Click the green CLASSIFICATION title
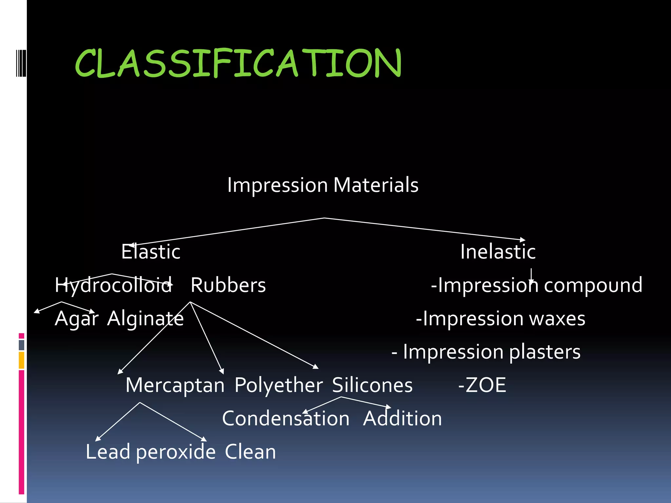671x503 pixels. tap(238, 63)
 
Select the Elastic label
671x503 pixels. tap(151, 252)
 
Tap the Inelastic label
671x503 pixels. tap(498, 252)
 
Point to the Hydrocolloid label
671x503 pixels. tap(113, 285)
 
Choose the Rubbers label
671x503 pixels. tap(228, 285)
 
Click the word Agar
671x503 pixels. tap(76, 319)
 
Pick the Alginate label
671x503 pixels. tap(145, 319)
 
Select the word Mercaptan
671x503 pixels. tap(175, 385)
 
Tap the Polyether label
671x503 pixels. tap(278, 385)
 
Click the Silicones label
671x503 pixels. tap(372, 385)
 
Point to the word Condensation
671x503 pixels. tap(286, 419)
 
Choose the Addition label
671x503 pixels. tap(402, 419)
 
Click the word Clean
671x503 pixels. tap(250, 452)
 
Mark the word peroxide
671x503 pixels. tap(176, 453)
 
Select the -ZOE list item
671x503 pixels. tap(482, 385)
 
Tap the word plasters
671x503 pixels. tap(545, 352)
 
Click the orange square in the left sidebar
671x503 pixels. tap(22, 360)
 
